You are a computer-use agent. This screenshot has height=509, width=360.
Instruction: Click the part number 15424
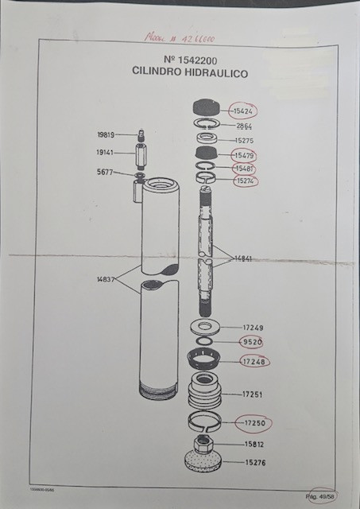(244, 111)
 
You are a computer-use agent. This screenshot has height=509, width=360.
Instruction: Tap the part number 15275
(243, 140)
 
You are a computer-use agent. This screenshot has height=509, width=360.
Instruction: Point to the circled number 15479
(244, 155)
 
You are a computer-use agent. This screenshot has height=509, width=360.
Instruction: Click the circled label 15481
(244, 169)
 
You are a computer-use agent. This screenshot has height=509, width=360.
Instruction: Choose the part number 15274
(244, 181)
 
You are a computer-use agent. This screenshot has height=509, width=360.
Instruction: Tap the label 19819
(107, 135)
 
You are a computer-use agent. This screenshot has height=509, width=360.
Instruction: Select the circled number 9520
(252, 343)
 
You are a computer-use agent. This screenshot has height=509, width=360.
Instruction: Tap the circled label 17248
(254, 362)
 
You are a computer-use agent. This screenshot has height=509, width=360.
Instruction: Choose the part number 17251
(252, 394)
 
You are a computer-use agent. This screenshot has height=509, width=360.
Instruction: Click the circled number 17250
(253, 422)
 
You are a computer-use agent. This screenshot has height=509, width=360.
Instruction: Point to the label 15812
(254, 445)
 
